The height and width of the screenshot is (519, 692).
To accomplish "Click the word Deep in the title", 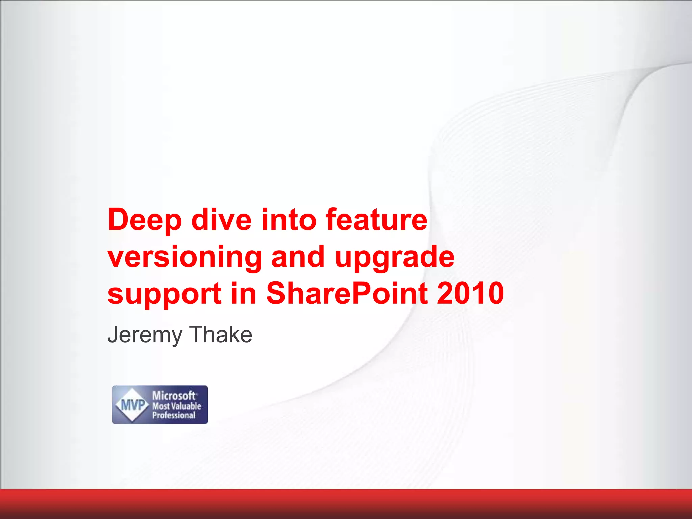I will (x=145, y=220).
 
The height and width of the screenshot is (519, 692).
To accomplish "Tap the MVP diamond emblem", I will (x=132, y=404).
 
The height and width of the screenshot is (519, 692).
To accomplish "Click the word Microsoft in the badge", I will (x=174, y=395).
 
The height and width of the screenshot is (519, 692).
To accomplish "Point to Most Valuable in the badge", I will (x=176, y=406).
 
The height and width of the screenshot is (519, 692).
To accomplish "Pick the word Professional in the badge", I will (x=174, y=415).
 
